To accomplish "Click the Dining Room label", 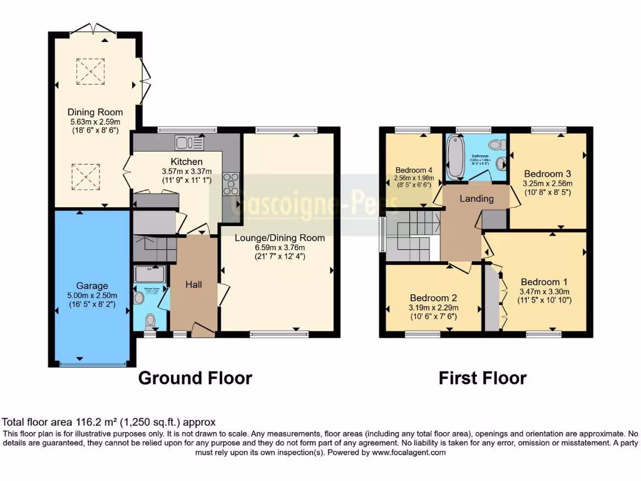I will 95,112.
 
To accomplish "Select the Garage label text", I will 93,286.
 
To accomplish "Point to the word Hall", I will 193,284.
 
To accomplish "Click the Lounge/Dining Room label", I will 280,238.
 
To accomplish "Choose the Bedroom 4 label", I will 414,170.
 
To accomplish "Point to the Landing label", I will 478,199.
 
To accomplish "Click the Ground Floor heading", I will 195,378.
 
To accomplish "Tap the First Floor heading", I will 482,378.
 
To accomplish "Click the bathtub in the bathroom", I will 453,156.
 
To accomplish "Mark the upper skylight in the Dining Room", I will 90,71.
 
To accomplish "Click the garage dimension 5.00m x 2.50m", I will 93,296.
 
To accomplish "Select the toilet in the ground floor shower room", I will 150,321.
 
